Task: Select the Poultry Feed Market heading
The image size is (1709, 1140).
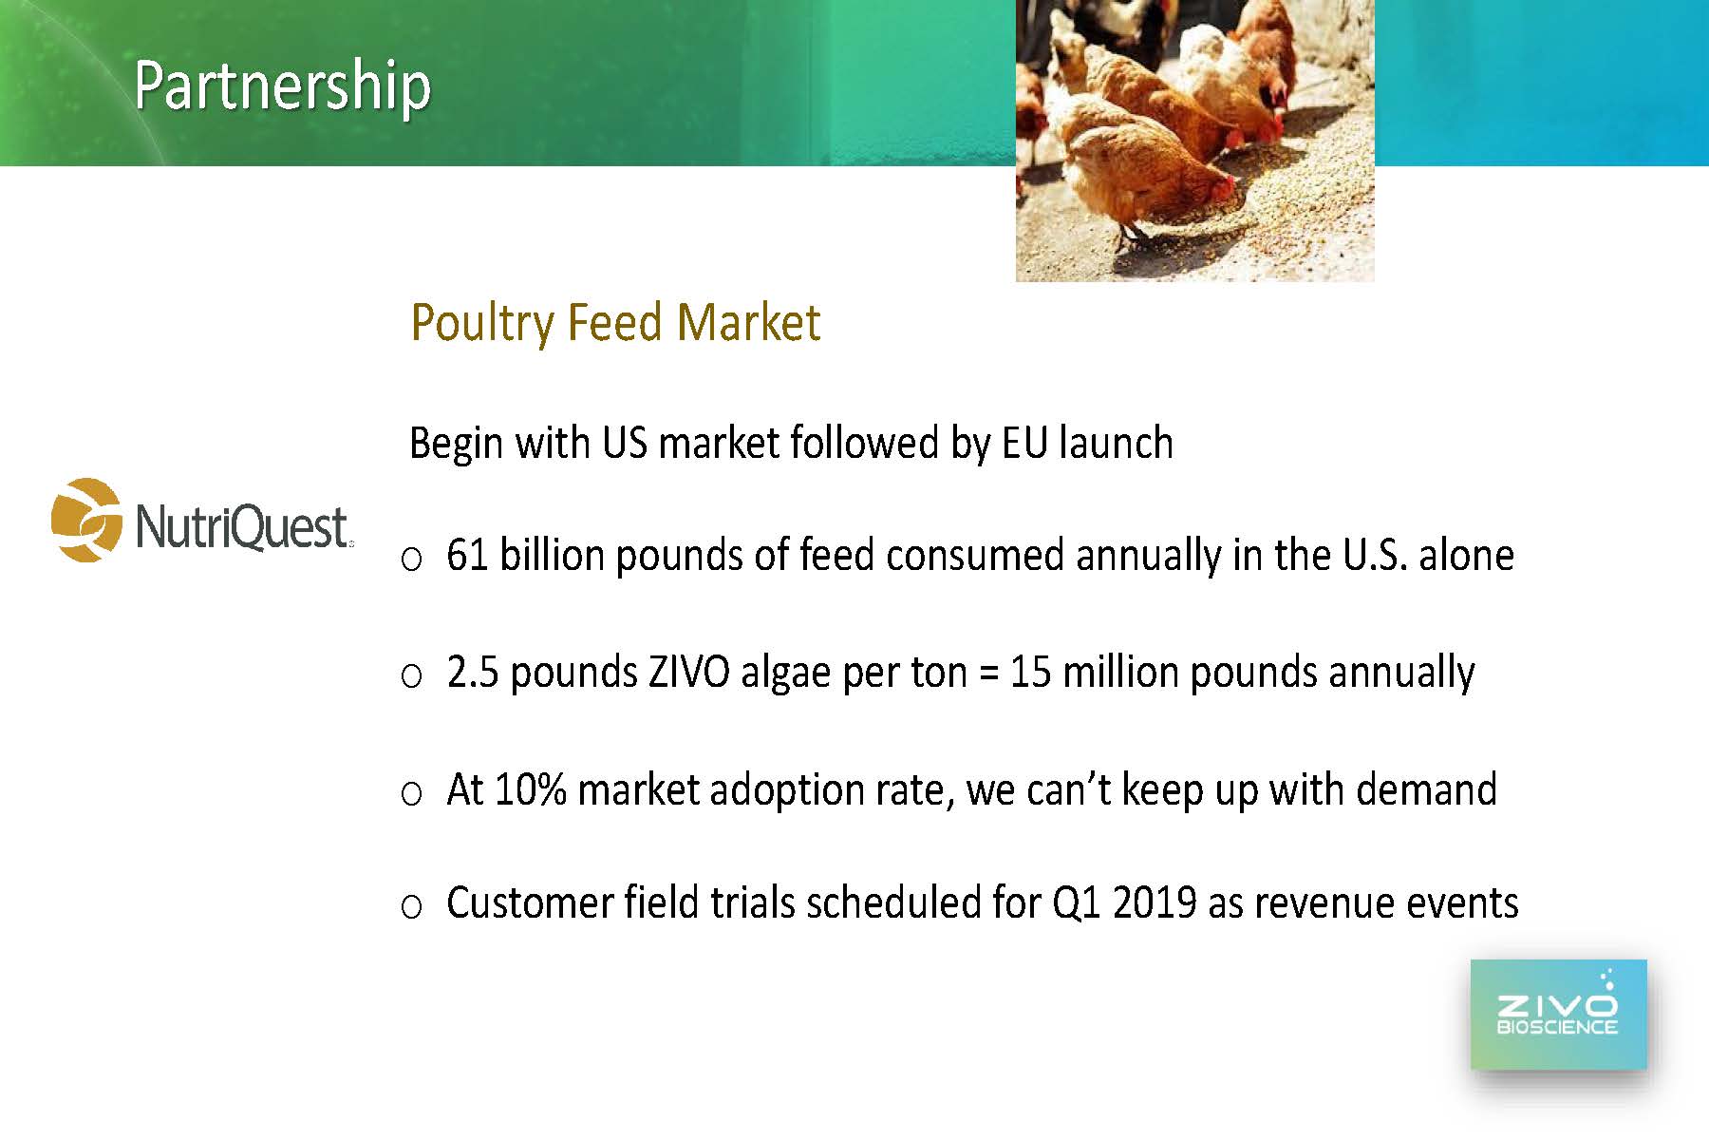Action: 615,323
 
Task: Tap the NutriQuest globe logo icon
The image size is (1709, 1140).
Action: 86,520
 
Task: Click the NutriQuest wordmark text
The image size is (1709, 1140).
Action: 243,527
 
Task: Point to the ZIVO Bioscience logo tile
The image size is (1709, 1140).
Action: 1558,1015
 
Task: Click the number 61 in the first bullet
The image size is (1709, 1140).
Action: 467,556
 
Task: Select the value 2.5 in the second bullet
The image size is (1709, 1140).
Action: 473,673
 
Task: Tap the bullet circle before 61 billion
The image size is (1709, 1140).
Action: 411,560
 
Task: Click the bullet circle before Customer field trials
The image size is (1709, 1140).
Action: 411,907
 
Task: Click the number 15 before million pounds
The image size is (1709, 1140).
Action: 1030,673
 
